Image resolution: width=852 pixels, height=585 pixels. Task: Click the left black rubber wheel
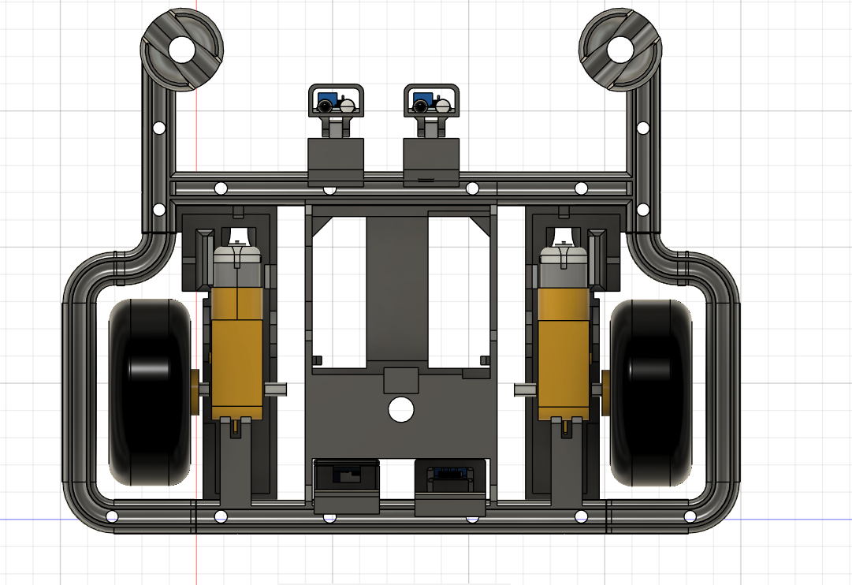pos(150,392)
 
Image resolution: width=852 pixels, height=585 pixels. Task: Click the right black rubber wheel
pos(650,392)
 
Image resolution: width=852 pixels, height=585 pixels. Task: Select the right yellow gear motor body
pos(563,355)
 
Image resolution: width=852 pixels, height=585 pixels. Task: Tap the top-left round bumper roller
pos(181,50)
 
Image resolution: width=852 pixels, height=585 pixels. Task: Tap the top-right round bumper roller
pos(621,50)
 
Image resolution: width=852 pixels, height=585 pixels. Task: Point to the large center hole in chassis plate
pos(401,409)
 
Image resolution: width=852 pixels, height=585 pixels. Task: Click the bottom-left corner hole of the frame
pos(112,517)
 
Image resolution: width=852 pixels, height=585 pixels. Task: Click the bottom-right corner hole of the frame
pos(690,517)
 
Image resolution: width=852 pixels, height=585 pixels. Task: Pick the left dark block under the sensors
pos(335,161)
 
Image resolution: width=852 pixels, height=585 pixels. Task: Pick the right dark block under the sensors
pos(430,161)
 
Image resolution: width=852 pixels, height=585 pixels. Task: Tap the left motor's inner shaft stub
pos(276,389)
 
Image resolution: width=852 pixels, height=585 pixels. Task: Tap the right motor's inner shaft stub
pos(524,389)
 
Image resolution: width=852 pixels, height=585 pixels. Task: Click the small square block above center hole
pos(400,380)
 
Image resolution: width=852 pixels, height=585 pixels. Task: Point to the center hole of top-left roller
pos(181,50)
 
